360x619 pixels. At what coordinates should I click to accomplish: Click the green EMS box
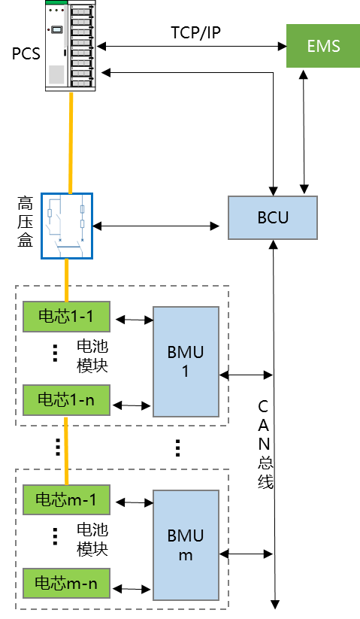[323, 46]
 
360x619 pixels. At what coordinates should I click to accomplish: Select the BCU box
[273, 217]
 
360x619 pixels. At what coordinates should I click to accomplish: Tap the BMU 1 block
[186, 362]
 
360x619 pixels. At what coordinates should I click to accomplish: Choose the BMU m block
[186, 545]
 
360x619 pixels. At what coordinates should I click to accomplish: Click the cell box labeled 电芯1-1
[66, 316]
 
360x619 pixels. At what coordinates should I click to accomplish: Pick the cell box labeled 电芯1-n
[66, 400]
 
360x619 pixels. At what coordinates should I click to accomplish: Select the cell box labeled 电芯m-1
[66, 499]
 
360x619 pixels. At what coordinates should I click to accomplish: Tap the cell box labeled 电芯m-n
[66, 584]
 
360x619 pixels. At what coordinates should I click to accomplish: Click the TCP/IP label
[195, 32]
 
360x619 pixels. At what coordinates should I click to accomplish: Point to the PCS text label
[26, 53]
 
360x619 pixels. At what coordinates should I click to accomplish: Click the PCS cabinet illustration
[71, 46]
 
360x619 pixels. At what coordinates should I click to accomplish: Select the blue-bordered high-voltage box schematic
[67, 226]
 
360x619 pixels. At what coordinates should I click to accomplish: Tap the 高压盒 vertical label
[25, 222]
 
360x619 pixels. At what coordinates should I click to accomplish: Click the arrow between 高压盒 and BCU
[156, 226]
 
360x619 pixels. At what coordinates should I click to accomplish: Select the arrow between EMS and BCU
[304, 132]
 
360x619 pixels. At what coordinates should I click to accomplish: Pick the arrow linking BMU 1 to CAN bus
[246, 375]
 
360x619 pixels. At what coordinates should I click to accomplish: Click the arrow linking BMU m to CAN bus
[246, 554]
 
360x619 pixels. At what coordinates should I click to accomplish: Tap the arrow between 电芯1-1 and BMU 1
[134, 320]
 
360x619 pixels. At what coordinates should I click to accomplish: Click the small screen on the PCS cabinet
[58, 29]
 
